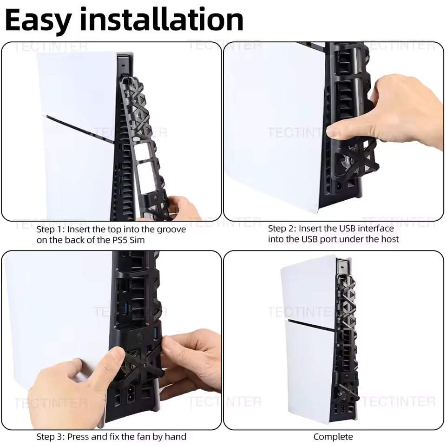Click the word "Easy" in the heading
[x=38, y=20]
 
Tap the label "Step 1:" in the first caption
[x=51, y=229]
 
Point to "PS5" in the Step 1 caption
[x=120, y=240]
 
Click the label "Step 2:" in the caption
[x=282, y=229]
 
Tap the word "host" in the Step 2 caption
[x=389, y=239]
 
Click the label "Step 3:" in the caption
[x=51, y=436]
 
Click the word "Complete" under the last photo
[x=333, y=436]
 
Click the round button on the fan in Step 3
[x=139, y=338]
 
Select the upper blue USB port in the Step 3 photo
[x=125, y=308]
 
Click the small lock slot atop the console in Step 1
[x=123, y=65]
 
